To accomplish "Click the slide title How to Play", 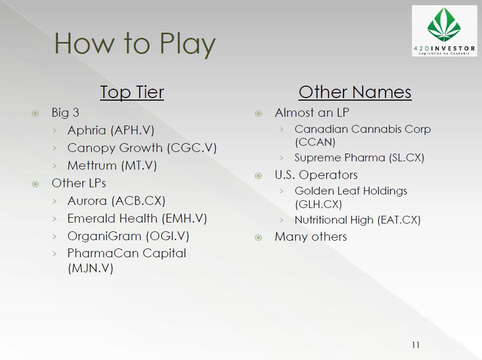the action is [135, 44].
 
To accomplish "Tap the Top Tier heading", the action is [132, 92].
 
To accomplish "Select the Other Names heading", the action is [355, 92].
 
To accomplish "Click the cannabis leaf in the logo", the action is [444, 25].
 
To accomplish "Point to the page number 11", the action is [416, 345].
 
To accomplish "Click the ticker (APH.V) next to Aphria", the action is [132, 130].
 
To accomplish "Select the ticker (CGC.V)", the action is [192, 148].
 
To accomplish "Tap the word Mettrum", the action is [92, 165].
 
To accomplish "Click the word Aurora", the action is [87, 201].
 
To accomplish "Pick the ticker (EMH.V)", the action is [184, 218].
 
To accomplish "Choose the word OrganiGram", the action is [104, 237].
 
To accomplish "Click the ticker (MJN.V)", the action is [91, 268].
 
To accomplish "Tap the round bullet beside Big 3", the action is [35, 114].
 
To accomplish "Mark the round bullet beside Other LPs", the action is [35, 184].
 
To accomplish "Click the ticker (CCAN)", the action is [315, 142].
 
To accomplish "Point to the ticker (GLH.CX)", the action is [319, 204].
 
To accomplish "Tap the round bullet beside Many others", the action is [258, 238].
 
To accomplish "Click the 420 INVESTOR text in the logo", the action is [445, 48].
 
